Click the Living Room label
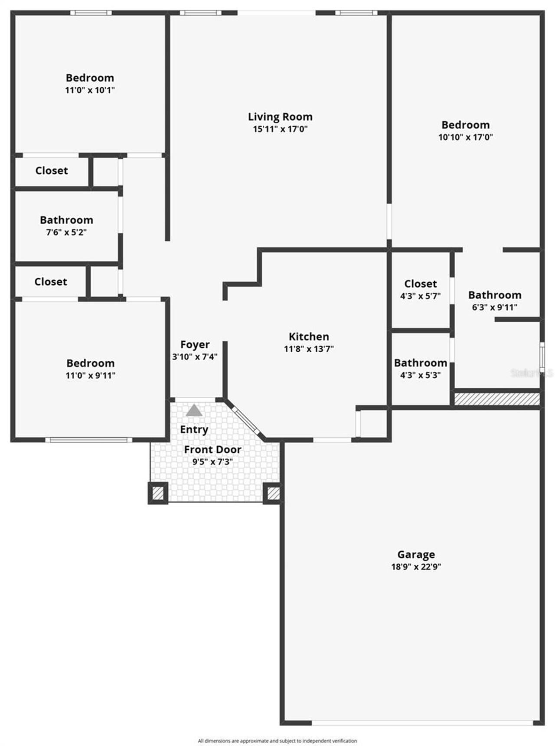pyautogui.click(x=280, y=117)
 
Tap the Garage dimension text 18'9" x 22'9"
pyautogui.click(x=416, y=566)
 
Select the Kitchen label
pyautogui.click(x=309, y=337)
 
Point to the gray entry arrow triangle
pyautogui.click(x=194, y=410)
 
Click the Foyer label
pyautogui.click(x=195, y=344)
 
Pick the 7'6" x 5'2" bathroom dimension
pyautogui.click(x=66, y=232)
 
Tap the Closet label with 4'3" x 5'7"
pyautogui.click(x=420, y=284)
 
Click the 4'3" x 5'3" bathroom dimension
pyautogui.click(x=420, y=375)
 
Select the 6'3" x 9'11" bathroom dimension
pyautogui.click(x=495, y=307)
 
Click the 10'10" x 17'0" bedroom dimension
pyautogui.click(x=465, y=137)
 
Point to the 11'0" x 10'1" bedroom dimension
pyautogui.click(x=90, y=90)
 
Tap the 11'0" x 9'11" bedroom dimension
pyautogui.click(x=90, y=375)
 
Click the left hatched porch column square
pyautogui.click(x=158, y=493)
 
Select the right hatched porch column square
pyautogui.click(x=273, y=493)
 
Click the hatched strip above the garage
pyautogui.click(x=496, y=399)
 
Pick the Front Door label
pyautogui.click(x=212, y=450)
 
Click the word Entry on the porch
pyautogui.click(x=194, y=429)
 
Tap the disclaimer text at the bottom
pyautogui.click(x=277, y=741)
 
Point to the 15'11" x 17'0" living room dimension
pyautogui.click(x=280, y=129)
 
